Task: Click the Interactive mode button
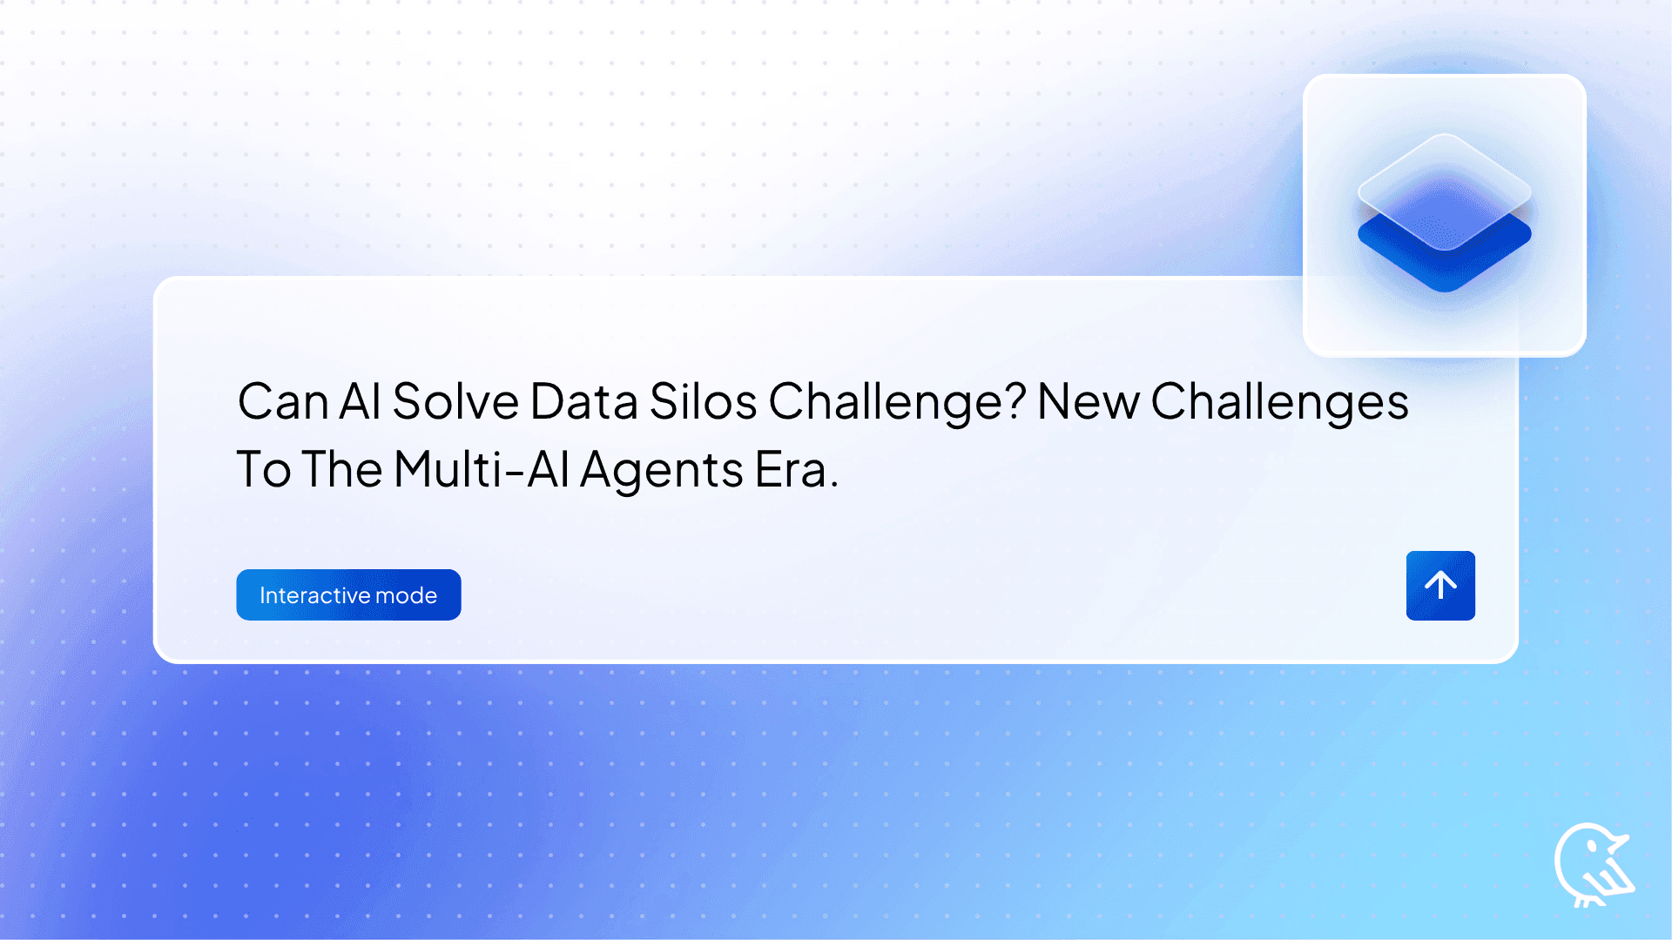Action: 348,594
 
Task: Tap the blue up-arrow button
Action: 1440,585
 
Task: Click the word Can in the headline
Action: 282,402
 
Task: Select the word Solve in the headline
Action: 455,402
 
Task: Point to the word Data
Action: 583,402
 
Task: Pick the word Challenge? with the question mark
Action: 897,402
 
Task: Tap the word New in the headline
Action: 1089,402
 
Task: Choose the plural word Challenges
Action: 1279,402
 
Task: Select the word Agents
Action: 661,472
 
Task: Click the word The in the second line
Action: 342,470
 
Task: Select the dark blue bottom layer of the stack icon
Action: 1445,265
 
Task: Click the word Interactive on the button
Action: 313,595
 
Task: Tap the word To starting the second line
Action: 263,470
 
